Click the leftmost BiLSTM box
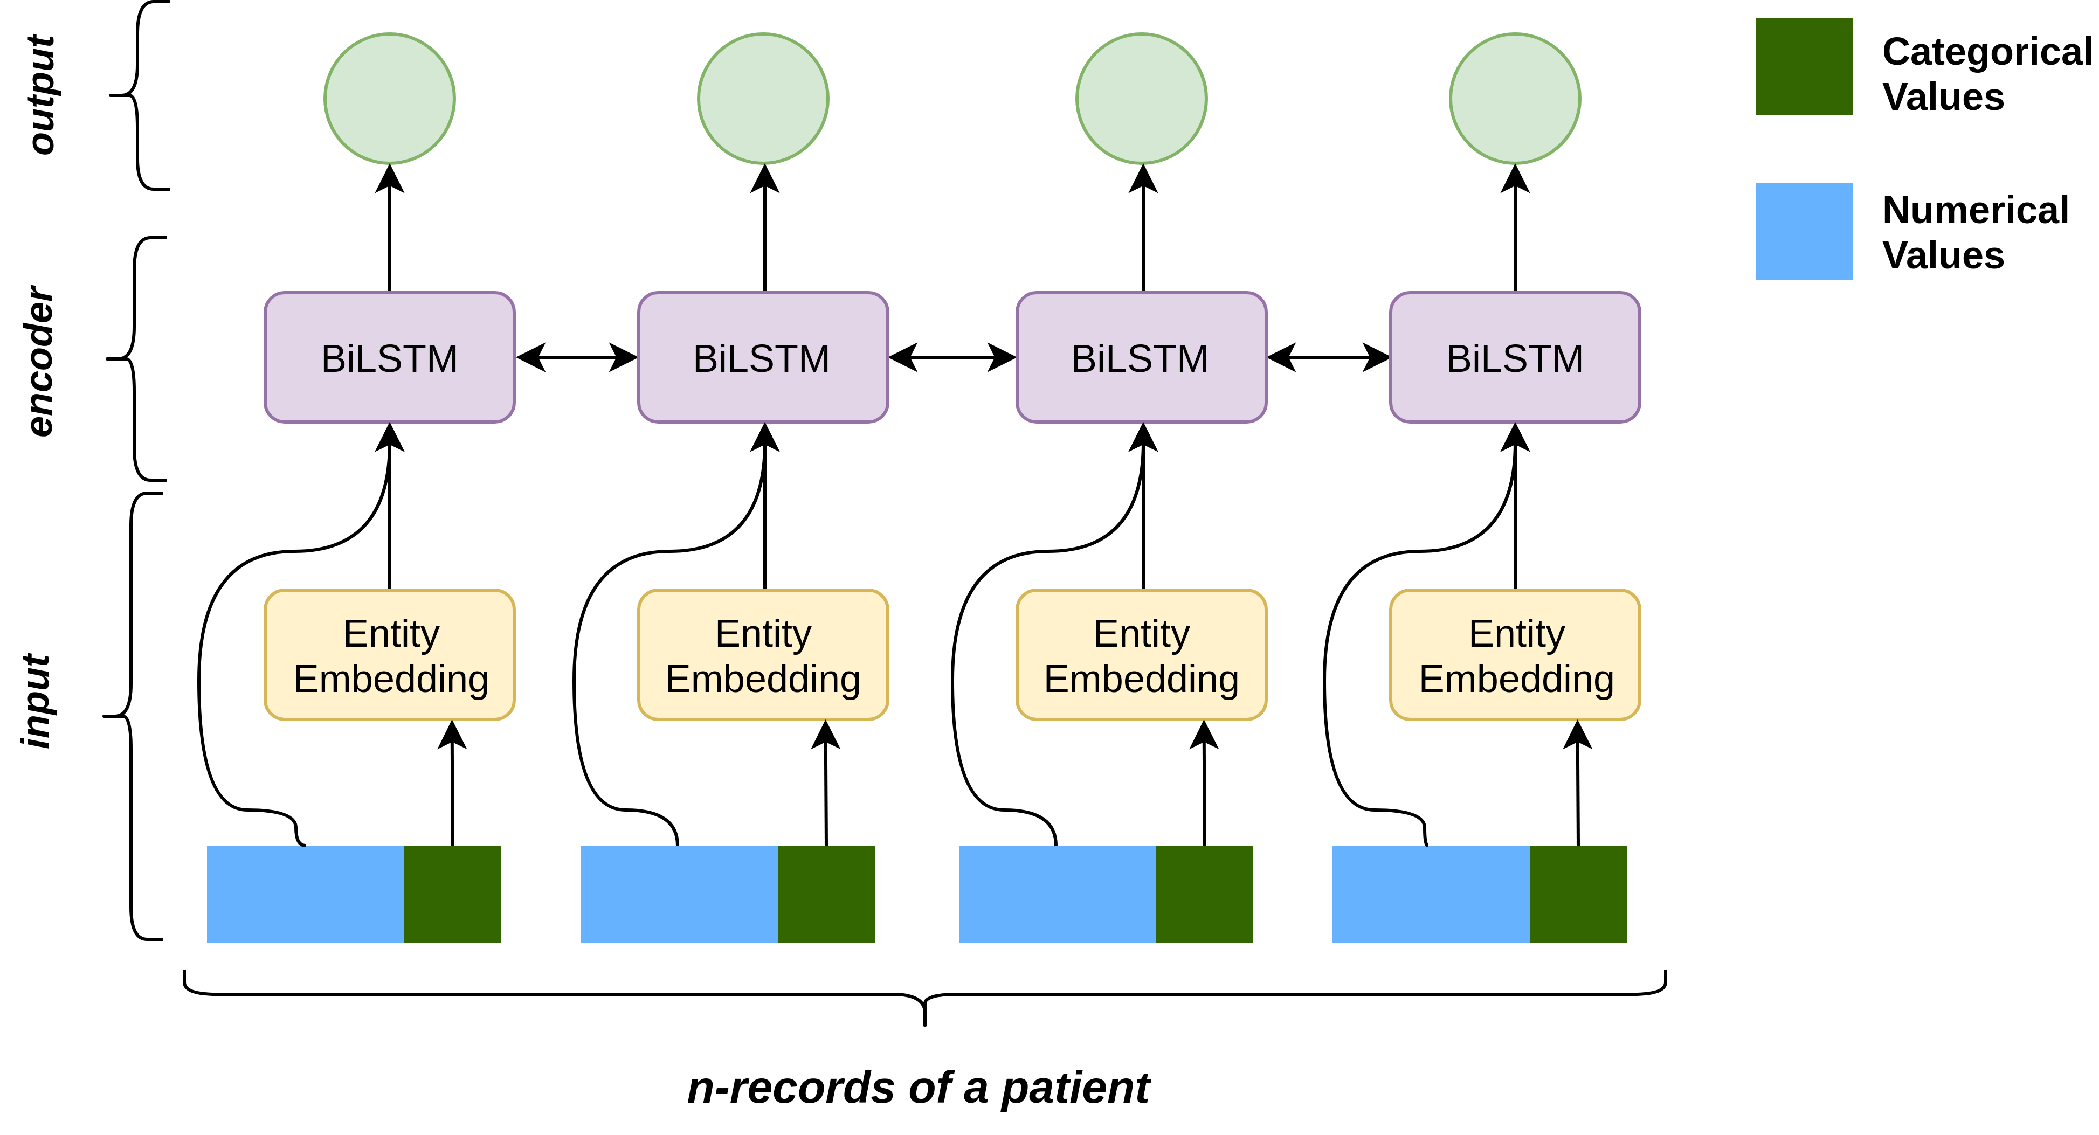(390, 358)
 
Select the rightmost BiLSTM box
(1515, 358)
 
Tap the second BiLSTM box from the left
(763, 358)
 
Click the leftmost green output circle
(390, 99)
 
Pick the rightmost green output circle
(1515, 99)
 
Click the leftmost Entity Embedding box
(390, 655)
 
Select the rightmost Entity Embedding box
(1515, 655)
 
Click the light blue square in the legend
(1804, 231)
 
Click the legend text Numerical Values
(1974, 232)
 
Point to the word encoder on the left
(40, 361)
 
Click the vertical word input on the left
(37, 701)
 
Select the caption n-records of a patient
(919, 1088)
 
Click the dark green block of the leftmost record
(452, 894)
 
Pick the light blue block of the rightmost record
(1431, 894)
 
